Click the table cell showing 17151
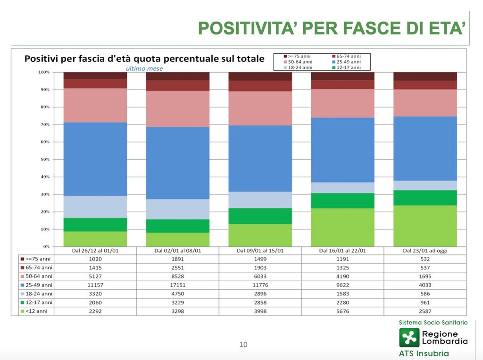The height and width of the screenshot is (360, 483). tap(178, 285)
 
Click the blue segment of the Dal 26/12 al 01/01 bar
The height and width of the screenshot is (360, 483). tap(95, 159)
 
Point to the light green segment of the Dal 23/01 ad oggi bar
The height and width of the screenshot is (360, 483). tap(425, 226)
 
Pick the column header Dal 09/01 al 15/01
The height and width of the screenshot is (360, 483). tap(260, 250)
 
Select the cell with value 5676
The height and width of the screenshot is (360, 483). tap(343, 311)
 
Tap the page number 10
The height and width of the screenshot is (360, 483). tap(243, 344)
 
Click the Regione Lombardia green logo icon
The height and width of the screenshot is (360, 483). tap(409, 337)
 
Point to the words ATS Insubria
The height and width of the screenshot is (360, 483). tap(424, 353)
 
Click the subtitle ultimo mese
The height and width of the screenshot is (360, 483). tap(144, 68)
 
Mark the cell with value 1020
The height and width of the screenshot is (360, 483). tap(95, 259)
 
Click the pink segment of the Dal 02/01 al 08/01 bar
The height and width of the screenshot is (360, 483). tap(178, 108)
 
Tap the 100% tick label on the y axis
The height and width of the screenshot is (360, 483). tap(43, 72)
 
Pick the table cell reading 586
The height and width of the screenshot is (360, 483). tap(425, 294)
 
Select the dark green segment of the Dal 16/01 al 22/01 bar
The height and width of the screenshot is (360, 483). tap(343, 201)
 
